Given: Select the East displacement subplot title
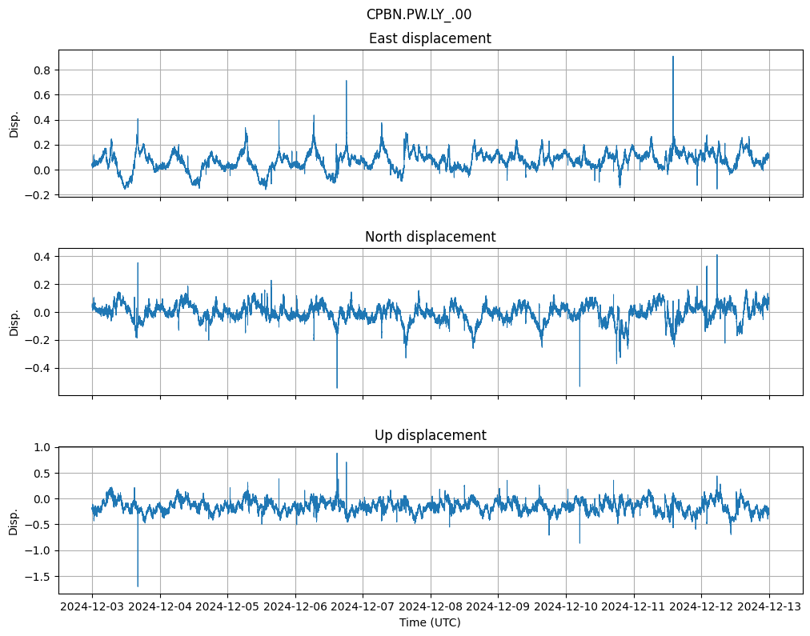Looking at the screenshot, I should [430, 38].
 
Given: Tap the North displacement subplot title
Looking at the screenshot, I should [430, 237].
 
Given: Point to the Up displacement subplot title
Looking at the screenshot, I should [430, 435].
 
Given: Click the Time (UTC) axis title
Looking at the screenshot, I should [430, 622].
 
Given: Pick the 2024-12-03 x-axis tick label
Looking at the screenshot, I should [92, 607].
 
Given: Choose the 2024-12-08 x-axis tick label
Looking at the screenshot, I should [431, 607].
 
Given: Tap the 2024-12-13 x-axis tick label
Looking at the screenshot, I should [769, 607].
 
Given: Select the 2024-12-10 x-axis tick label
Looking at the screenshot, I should [566, 607].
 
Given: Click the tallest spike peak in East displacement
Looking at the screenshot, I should [673, 56].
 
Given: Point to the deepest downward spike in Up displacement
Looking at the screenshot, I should [138, 586].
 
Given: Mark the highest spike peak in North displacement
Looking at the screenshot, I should [717, 254].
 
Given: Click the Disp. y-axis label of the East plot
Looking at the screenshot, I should [14, 123].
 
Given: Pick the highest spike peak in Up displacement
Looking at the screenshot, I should [337, 454].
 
